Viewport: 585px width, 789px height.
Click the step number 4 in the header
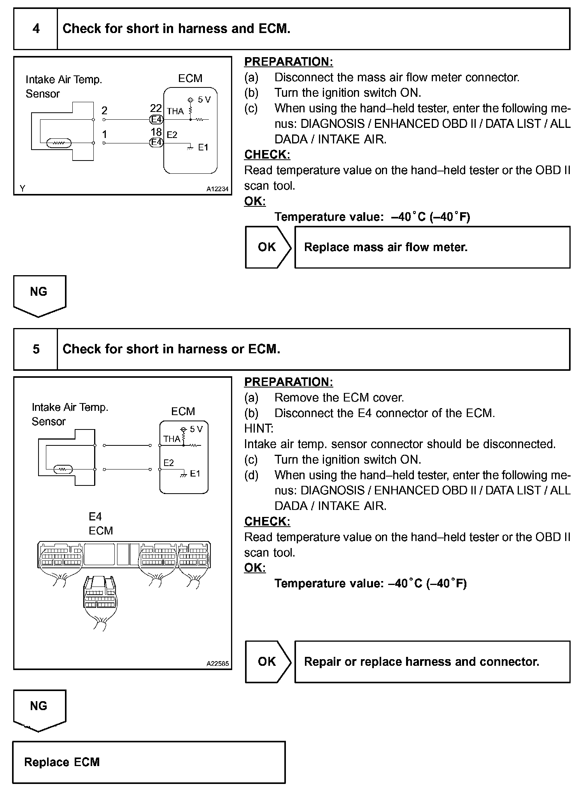pyautogui.click(x=36, y=29)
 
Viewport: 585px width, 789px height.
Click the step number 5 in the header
pyautogui.click(x=36, y=349)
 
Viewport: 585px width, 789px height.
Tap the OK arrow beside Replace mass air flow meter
pyautogui.click(x=267, y=247)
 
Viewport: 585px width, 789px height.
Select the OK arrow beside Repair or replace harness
pyautogui.click(x=267, y=662)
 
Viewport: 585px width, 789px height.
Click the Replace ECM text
pyautogui.click(x=62, y=762)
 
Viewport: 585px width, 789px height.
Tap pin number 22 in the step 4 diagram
pyautogui.click(x=156, y=108)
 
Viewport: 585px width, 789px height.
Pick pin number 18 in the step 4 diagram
pyautogui.click(x=156, y=133)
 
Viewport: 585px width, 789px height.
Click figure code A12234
pyautogui.click(x=217, y=189)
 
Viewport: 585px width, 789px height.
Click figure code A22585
pyautogui.click(x=217, y=664)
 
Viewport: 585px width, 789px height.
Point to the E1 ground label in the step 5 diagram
pyautogui.click(x=195, y=474)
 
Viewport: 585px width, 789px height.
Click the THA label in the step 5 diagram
pyautogui.click(x=172, y=439)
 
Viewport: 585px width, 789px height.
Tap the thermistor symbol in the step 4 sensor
pyautogui.click(x=58, y=143)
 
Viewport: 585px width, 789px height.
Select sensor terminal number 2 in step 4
pyautogui.click(x=104, y=111)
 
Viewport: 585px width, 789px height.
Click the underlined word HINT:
pyautogui.click(x=259, y=428)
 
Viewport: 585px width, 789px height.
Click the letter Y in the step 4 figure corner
pyautogui.click(x=23, y=189)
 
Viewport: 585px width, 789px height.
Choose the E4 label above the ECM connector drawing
pyautogui.click(x=95, y=517)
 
